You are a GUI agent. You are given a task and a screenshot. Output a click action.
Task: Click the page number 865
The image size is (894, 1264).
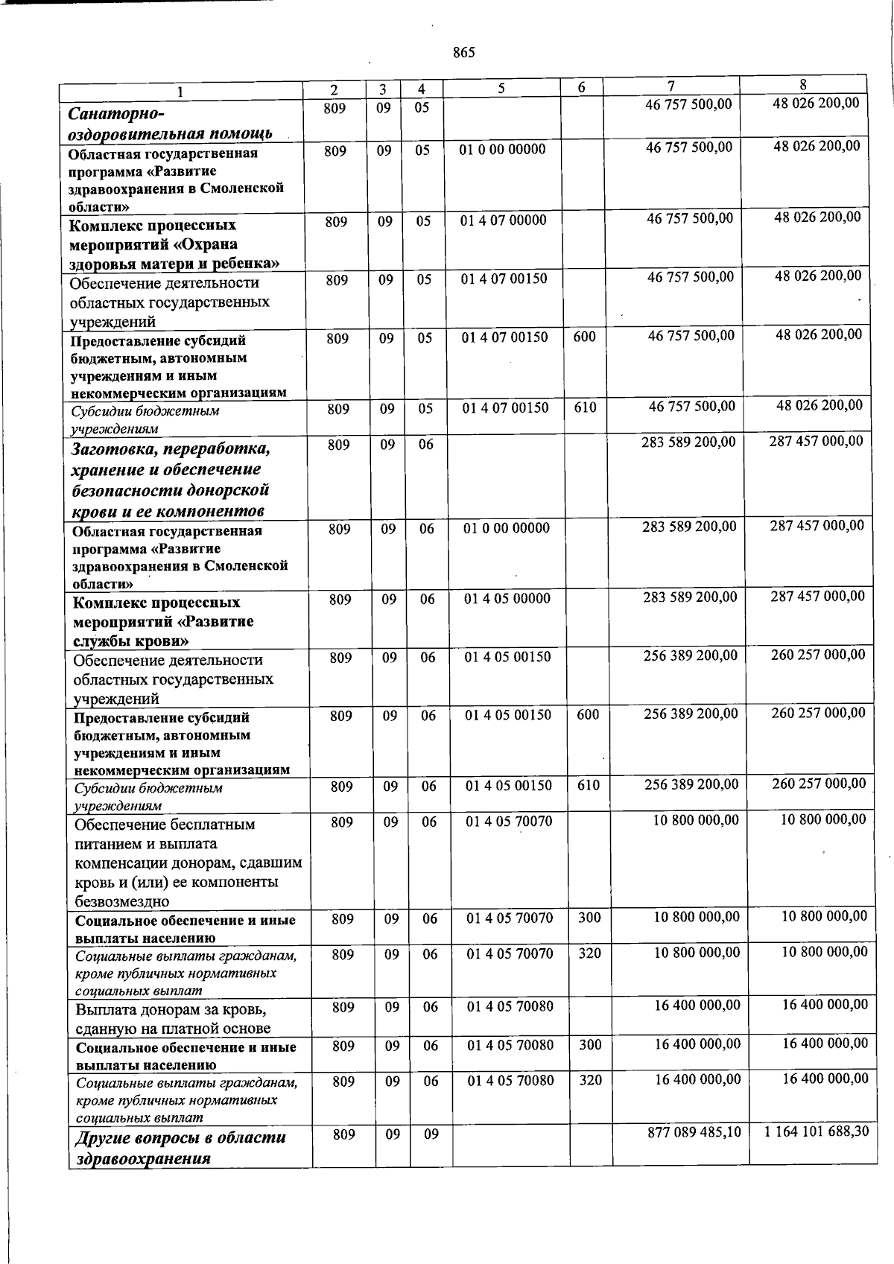click(x=463, y=53)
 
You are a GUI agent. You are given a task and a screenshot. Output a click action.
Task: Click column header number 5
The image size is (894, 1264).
click(x=501, y=89)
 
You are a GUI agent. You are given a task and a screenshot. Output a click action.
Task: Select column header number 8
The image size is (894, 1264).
click(x=803, y=85)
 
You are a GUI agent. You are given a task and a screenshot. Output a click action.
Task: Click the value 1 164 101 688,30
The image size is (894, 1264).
click(x=817, y=1131)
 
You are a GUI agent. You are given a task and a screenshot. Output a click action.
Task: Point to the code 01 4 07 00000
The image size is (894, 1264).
click(x=504, y=220)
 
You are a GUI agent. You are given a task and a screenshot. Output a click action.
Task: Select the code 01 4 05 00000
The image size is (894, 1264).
click(x=507, y=598)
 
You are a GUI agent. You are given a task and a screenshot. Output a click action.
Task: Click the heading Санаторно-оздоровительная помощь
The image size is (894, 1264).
click(x=170, y=124)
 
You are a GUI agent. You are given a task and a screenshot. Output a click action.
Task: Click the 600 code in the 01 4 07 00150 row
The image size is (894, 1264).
click(x=585, y=337)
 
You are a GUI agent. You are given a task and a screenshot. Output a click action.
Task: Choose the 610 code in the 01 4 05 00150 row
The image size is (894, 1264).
click(x=588, y=785)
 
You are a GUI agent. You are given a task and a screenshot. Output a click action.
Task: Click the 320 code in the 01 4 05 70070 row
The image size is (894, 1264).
click(x=589, y=953)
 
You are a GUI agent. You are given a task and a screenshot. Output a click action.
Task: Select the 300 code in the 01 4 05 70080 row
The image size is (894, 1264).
click(x=590, y=1045)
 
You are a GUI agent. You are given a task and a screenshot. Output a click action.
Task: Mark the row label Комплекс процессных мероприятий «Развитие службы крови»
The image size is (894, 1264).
click(x=164, y=621)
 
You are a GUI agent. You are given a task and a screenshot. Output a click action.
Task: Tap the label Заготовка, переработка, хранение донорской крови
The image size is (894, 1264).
click(x=170, y=480)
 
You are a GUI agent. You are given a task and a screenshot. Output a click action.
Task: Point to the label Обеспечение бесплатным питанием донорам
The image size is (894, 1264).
click(x=188, y=863)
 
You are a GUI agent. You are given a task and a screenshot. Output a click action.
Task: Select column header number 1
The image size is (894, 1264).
click(x=180, y=92)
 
